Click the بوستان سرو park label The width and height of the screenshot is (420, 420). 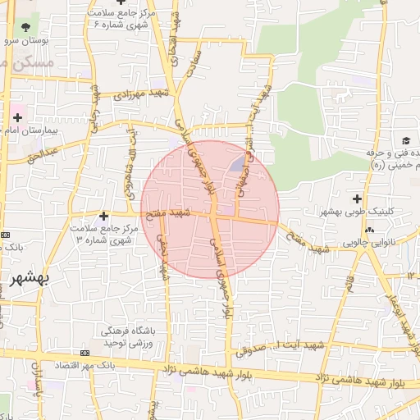(25, 39)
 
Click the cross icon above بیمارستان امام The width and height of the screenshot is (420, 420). (17, 117)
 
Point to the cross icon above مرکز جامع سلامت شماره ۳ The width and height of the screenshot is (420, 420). (103, 216)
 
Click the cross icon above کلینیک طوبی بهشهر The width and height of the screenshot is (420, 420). (357, 198)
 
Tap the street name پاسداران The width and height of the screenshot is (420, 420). (35, 381)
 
